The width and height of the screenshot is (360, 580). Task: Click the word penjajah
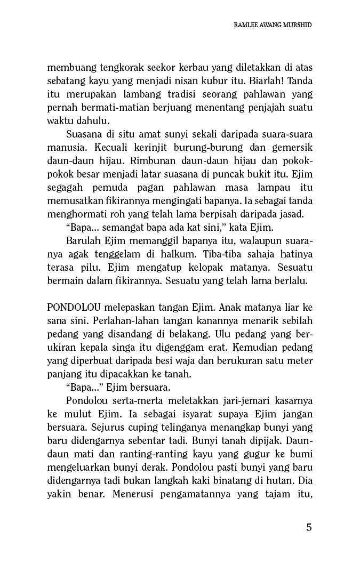[256, 108]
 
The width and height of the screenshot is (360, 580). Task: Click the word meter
[299, 361]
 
